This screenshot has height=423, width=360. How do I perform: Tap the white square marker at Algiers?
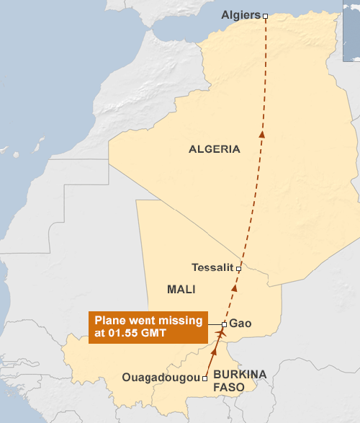265,15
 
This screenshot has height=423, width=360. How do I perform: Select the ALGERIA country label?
214,149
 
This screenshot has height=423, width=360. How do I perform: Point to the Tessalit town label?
212,267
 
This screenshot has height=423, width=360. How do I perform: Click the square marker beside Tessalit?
238,267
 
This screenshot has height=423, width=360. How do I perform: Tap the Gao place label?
240,324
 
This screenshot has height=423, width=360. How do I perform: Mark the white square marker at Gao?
225,324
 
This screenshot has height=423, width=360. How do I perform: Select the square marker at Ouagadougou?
205,378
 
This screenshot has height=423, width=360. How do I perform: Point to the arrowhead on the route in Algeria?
262,133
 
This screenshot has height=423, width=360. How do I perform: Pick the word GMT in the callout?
155,334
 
